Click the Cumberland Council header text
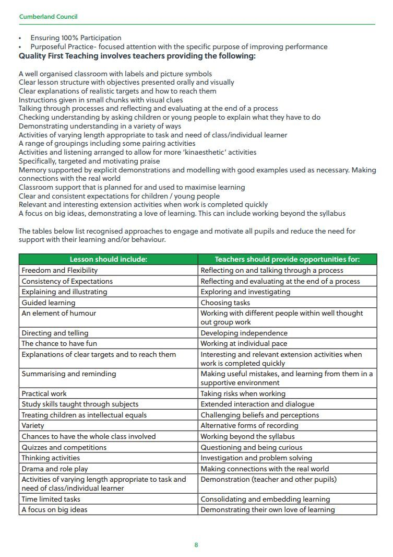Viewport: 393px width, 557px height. (48, 17)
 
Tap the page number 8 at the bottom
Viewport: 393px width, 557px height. (196, 545)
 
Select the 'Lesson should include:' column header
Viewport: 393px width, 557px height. (109, 259)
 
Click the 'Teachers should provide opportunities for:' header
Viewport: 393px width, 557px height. (287, 259)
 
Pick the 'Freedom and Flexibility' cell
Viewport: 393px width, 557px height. (59, 270)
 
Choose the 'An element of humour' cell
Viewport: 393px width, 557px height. (58, 313)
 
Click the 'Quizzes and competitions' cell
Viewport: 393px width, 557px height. (64, 447)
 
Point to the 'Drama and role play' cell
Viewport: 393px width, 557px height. (55, 469)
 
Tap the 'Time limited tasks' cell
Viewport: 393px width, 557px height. (51, 499)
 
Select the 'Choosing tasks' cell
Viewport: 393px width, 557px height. (225, 303)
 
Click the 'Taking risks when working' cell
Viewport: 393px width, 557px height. (243, 393)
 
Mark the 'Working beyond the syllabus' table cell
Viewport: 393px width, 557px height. (247, 436)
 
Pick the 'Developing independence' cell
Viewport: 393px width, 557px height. (244, 333)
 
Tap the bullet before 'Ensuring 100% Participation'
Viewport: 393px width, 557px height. (20, 38)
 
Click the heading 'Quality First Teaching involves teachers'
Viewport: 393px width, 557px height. (137, 56)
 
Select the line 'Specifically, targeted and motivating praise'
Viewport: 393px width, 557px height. (89, 161)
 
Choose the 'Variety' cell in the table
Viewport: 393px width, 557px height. (33, 425)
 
